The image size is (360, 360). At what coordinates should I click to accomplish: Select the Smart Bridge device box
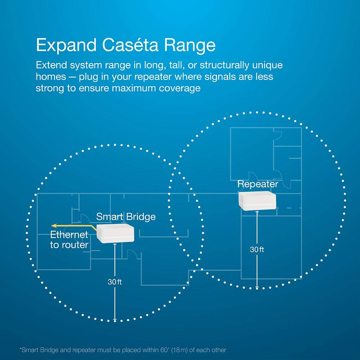tap(115, 235)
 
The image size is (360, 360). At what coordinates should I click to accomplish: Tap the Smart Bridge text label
tap(126, 217)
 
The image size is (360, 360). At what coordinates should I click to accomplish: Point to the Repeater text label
tap(258, 184)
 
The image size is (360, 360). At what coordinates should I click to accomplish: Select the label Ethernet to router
tap(69, 240)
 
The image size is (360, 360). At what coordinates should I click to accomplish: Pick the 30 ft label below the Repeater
tap(257, 249)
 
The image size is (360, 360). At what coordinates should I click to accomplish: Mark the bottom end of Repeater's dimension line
tap(257, 288)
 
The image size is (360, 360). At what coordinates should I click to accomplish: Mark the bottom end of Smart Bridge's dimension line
tap(115, 320)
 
